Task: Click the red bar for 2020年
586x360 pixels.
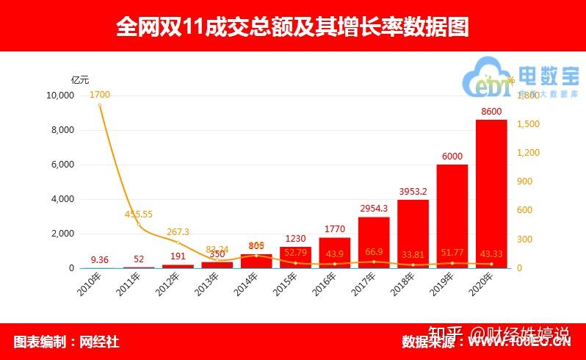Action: (x=491, y=194)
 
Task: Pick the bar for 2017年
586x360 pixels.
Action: (x=374, y=242)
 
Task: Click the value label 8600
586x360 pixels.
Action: (x=491, y=111)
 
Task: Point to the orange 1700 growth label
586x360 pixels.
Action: (x=100, y=95)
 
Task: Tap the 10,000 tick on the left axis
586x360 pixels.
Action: (x=60, y=96)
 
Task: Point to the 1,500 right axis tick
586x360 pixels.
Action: (x=528, y=124)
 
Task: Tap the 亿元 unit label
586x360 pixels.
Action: (x=79, y=79)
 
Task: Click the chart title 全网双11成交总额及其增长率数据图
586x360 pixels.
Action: (x=292, y=26)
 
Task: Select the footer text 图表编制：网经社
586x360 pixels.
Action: (x=66, y=342)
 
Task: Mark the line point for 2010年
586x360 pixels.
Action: (x=100, y=105)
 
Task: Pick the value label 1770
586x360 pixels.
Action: (x=334, y=228)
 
